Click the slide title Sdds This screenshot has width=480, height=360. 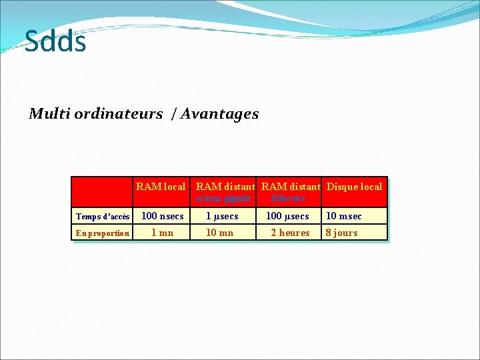click(x=55, y=41)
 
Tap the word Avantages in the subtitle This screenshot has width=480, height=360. click(x=221, y=114)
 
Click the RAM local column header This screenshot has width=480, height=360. click(x=161, y=187)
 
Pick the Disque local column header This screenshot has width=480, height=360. click(x=354, y=187)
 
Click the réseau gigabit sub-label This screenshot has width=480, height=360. click(x=223, y=198)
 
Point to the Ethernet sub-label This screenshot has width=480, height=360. click(x=288, y=198)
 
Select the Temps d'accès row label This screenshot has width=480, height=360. click(x=103, y=217)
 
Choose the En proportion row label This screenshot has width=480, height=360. click(x=103, y=233)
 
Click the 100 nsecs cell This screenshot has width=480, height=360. click(x=162, y=216)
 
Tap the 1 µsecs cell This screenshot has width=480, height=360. click(x=221, y=216)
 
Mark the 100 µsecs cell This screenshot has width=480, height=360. click(x=287, y=216)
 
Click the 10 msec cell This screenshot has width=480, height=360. click(x=343, y=216)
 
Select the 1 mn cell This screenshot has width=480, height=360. click(x=162, y=233)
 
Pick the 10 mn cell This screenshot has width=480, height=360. click(x=219, y=233)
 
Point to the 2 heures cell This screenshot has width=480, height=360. click(x=290, y=233)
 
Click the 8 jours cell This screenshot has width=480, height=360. click(x=342, y=233)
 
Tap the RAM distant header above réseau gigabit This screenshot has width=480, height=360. click(x=225, y=187)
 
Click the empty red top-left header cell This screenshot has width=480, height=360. click(x=103, y=192)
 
